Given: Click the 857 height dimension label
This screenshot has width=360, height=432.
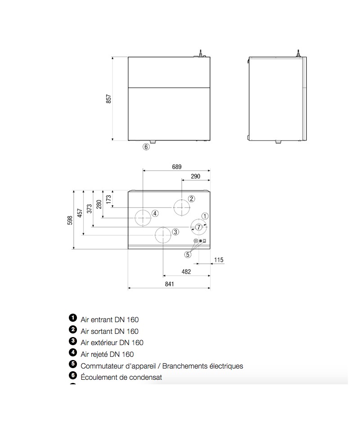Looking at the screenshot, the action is [108, 99].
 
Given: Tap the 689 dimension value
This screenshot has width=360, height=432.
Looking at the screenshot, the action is [177, 166].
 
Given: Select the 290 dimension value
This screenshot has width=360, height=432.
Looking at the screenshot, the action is [196, 176].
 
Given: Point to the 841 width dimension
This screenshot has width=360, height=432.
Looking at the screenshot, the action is [169, 284].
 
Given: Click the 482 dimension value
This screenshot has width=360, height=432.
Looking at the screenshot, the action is [186, 272].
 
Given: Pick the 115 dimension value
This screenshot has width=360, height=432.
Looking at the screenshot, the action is [219, 260].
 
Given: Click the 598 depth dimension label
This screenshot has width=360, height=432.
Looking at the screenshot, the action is [70, 220].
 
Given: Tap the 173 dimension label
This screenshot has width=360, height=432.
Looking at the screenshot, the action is [108, 199].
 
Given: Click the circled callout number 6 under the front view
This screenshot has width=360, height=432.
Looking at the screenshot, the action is [146, 147].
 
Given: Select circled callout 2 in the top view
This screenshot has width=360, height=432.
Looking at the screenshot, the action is [191, 198].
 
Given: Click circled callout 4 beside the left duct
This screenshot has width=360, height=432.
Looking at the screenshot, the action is [155, 213].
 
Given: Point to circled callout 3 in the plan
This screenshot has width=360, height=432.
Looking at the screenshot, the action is [175, 232].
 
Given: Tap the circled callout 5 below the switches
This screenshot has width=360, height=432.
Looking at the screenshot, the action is [188, 255].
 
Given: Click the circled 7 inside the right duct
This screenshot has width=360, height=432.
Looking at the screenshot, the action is [198, 227].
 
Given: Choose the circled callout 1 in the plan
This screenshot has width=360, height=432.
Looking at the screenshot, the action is [205, 216].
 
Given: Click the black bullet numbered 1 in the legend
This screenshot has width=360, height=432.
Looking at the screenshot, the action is [73, 318].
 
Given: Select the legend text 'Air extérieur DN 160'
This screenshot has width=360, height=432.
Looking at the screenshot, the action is [112, 343].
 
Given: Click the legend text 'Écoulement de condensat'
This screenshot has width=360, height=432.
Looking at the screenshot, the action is [121, 377].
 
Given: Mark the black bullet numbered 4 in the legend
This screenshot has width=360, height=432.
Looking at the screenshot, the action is [73, 352].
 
